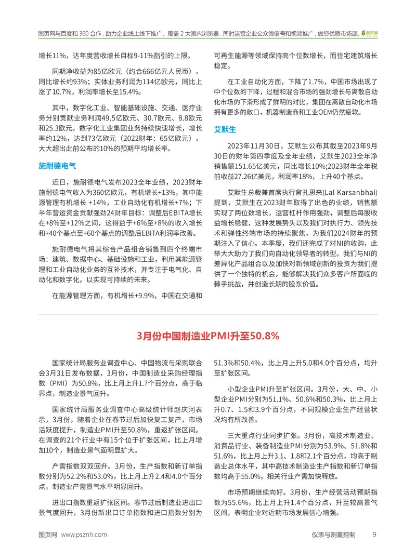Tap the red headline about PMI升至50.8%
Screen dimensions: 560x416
click(x=208, y=336)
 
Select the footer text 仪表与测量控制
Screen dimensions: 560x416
click(x=333, y=534)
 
